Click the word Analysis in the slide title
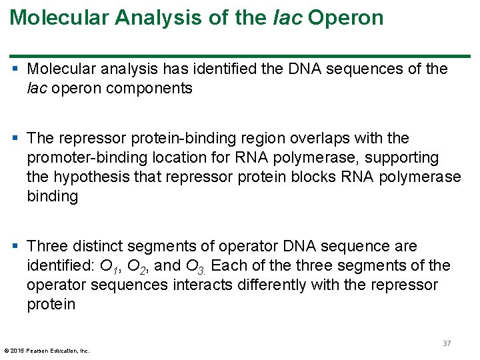(x=152, y=17)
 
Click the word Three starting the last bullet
(x=49, y=247)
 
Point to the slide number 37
(x=447, y=343)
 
